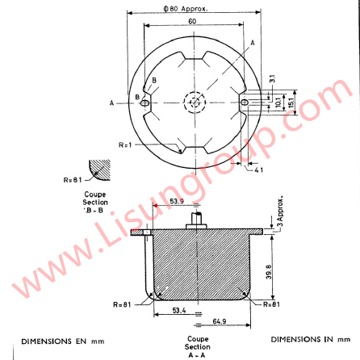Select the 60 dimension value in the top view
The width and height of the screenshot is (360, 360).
click(191, 23)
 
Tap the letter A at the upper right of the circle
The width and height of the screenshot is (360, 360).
click(253, 42)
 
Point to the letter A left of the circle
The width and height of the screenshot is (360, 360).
click(111, 103)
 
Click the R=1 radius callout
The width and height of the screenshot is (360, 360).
click(124, 144)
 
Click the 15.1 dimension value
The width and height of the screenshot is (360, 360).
click(291, 103)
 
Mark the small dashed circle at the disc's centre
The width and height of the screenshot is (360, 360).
click(194, 102)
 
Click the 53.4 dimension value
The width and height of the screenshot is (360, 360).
click(180, 309)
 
